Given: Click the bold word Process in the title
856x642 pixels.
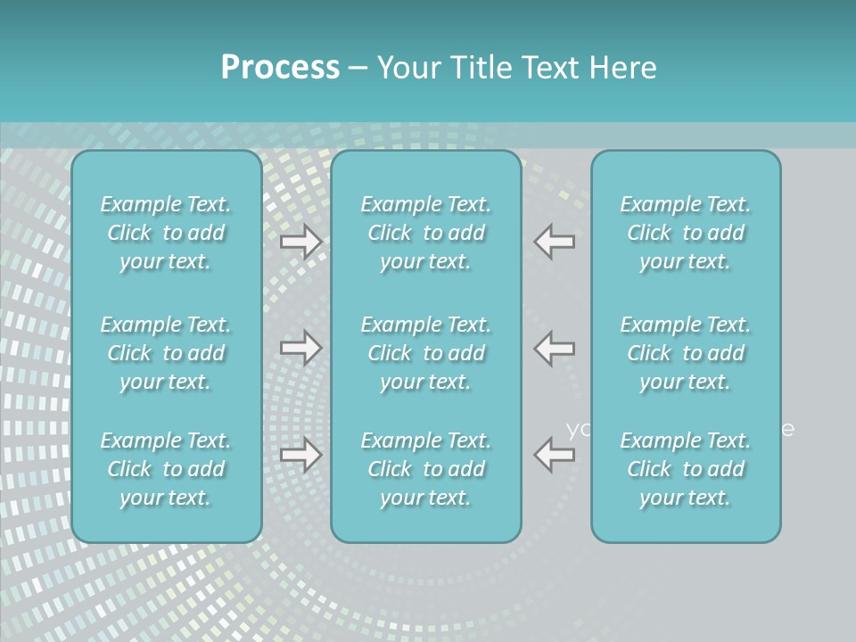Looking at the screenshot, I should (x=280, y=68).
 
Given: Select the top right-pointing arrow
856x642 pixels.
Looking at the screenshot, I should (x=301, y=242).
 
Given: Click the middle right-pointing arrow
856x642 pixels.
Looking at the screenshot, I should (x=301, y=348).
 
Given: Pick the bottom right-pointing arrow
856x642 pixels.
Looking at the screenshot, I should (x=301, y=455).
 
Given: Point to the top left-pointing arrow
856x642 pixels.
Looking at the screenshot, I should (x=555, y=242).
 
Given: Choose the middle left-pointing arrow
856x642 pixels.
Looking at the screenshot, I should (x=555, y=348).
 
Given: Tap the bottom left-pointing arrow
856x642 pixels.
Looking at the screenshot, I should (x=555, y=455).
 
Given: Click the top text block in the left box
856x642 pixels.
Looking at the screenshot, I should (x=166, y=233).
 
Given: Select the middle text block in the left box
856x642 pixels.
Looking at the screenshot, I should (x=166, y=353).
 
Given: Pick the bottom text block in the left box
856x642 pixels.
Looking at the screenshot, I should (x=166, y=469).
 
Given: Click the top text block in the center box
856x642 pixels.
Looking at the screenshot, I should (x=426, y=233).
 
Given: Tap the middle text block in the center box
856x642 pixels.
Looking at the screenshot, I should (x=426, y=353).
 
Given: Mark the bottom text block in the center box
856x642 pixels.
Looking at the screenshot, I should (x=426, y=469).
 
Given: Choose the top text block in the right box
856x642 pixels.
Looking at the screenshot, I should (x=686, y=233).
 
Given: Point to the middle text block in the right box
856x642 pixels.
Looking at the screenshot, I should (x=686, y=353).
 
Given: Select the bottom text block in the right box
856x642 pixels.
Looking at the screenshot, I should (x=686, y=469).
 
